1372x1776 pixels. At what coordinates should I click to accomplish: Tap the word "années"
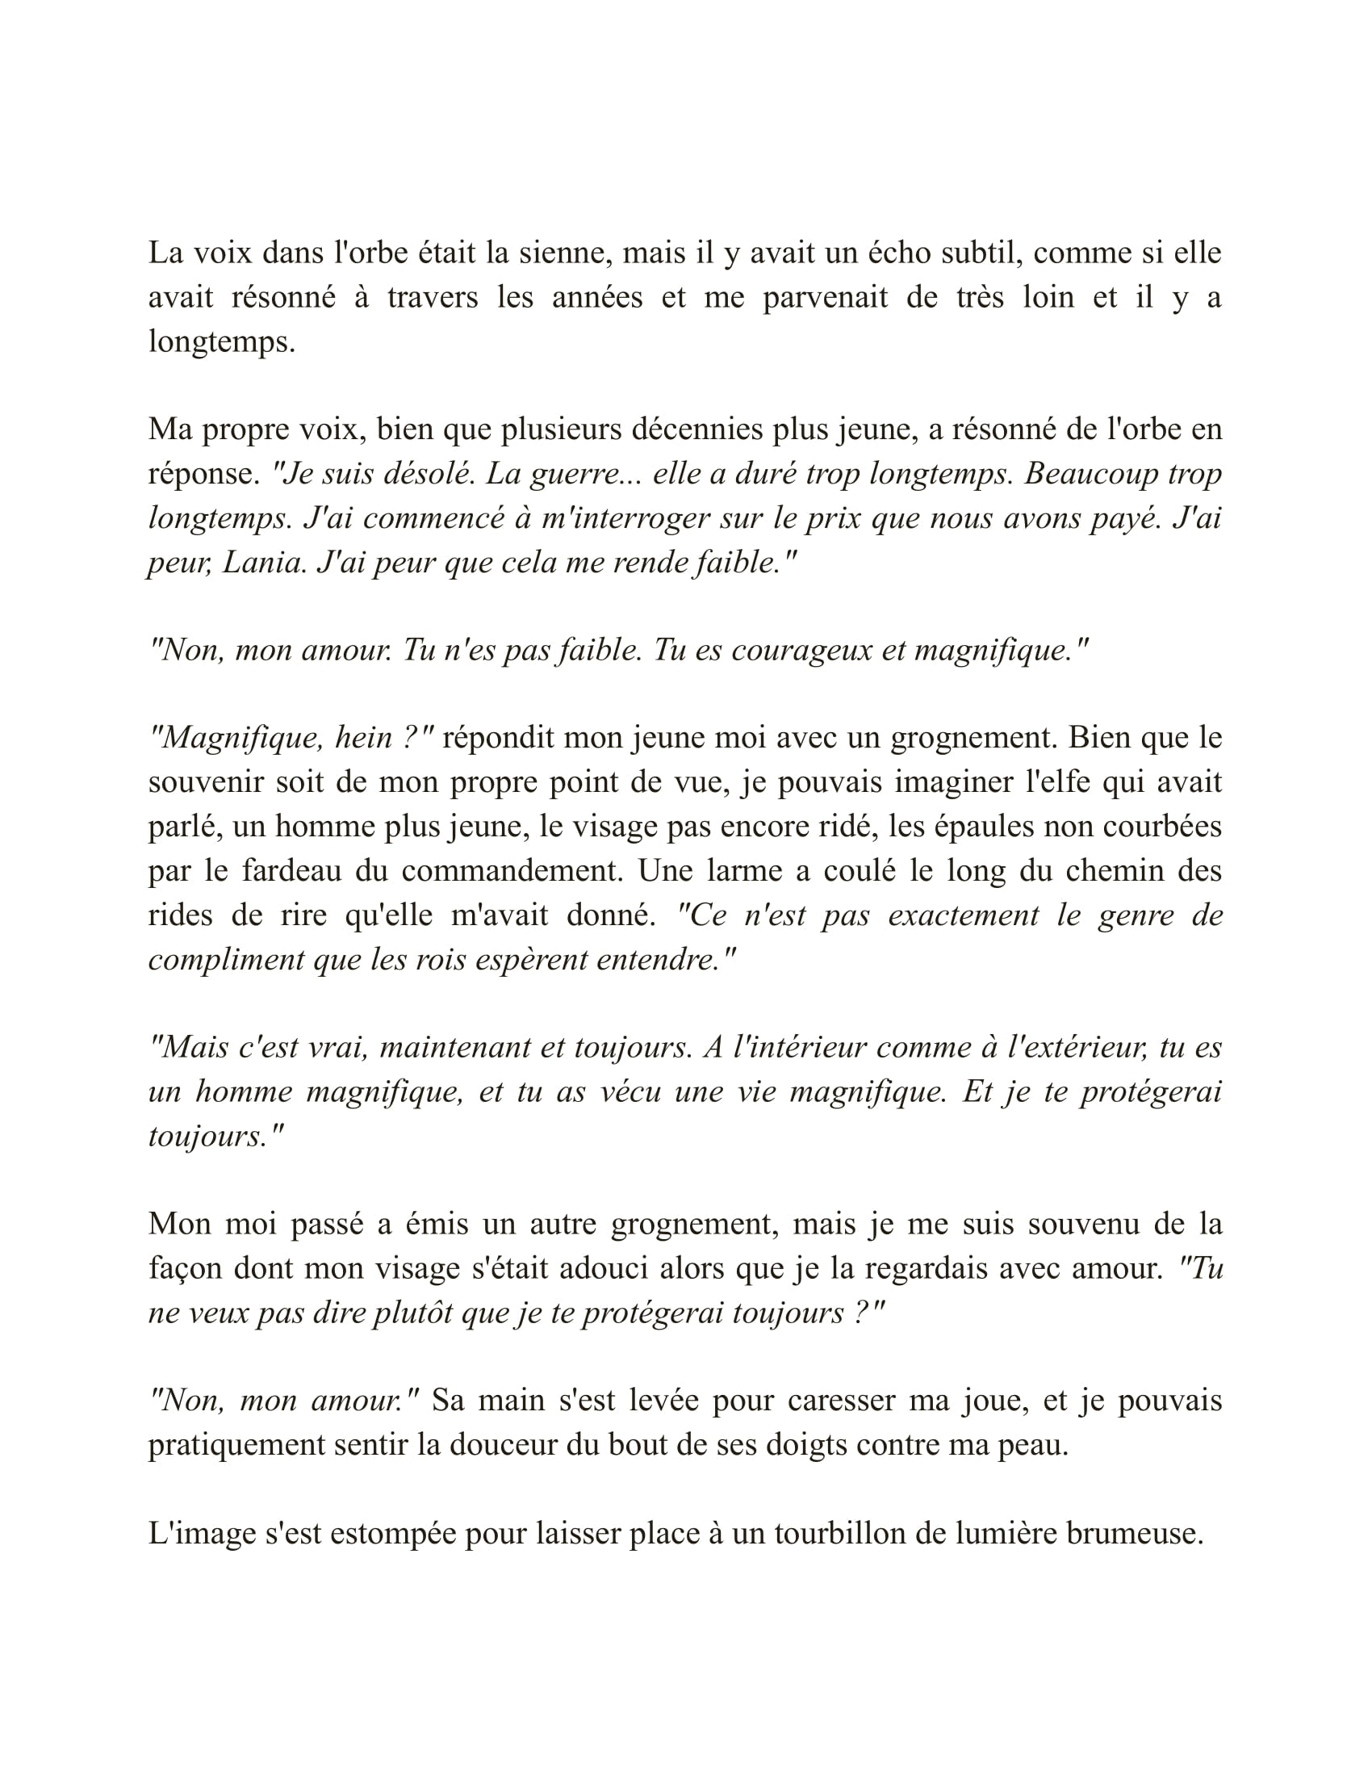click(597, 298)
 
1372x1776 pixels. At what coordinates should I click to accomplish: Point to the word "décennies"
click(697, 429)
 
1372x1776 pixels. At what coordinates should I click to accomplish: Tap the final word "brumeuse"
click(1134, 1534)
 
